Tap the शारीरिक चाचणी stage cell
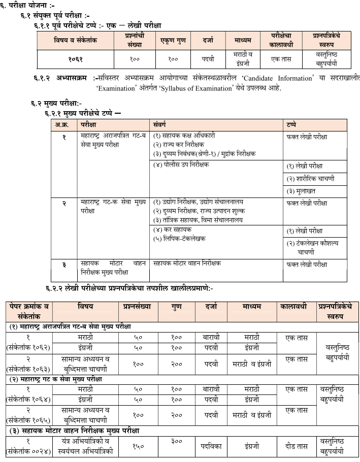point(310,179)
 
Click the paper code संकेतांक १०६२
point(29,347)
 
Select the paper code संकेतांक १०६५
point(29,419)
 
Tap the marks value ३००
point(177,442)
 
